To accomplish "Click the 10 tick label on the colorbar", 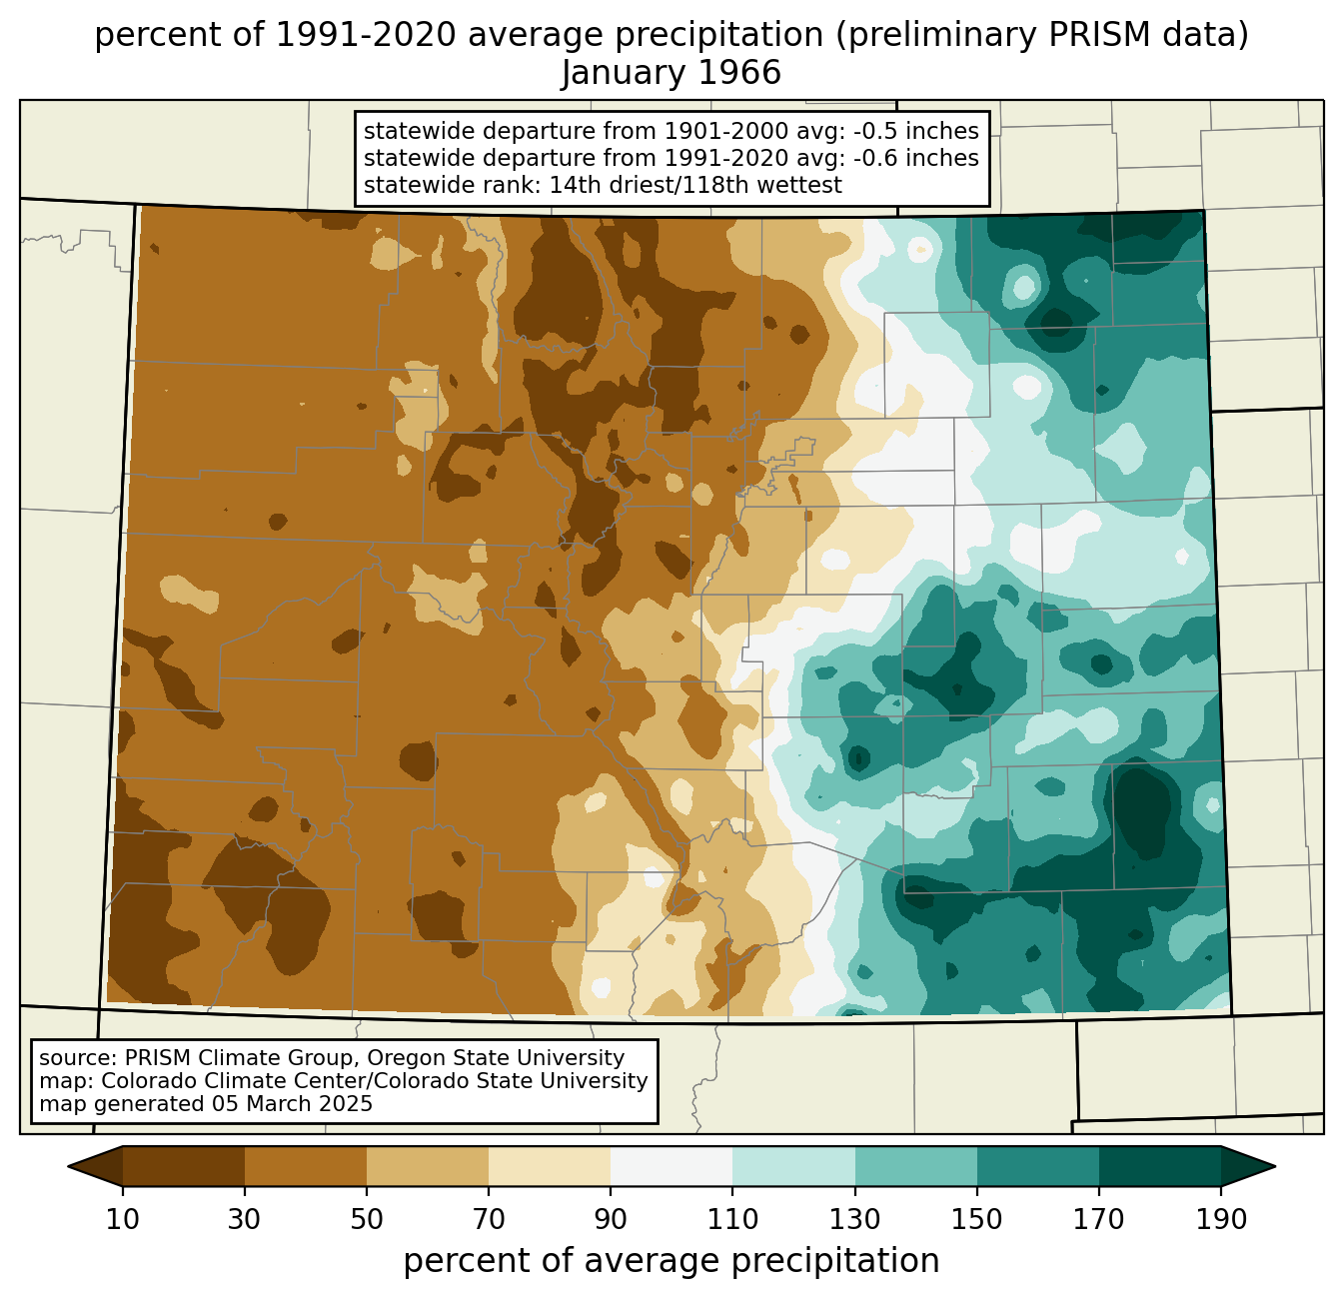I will (123, 1220).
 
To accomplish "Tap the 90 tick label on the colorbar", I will (611, 1220).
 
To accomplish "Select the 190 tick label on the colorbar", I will (1221, 1220).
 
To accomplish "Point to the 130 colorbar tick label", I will (855, 1220).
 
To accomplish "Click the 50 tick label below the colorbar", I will (367, 1220).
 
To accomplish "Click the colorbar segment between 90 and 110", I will (671, 1166).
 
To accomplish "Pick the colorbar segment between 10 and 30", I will (184, 1166).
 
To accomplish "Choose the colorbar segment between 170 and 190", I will (1160, 1166).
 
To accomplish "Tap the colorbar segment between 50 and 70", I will (428, 1166).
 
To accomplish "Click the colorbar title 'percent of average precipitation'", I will (671, 1261).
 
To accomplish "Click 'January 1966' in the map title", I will (671, 73).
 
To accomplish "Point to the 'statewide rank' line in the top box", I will (603, 185).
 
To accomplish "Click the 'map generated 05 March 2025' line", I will (206, 1104).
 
